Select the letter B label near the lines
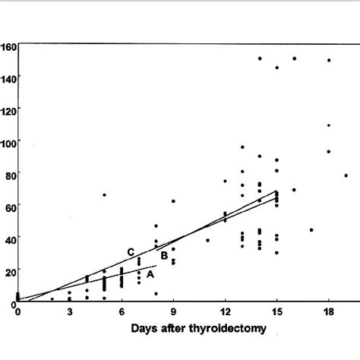tap(163, 256)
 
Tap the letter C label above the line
tap(131, 252)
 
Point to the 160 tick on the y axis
tap(8, 47)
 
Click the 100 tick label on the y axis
tap(8, 143)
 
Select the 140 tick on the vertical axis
tap(8, 77)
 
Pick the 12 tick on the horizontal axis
tap(225, 312)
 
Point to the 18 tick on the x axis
tap(329, 312)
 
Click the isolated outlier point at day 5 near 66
tap(104, 195)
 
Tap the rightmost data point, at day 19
tap(346, 175)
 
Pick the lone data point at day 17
tap(311, 229)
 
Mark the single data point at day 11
tap(207, 240)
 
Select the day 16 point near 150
tap(294, 58)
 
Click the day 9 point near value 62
tap(173, 201)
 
